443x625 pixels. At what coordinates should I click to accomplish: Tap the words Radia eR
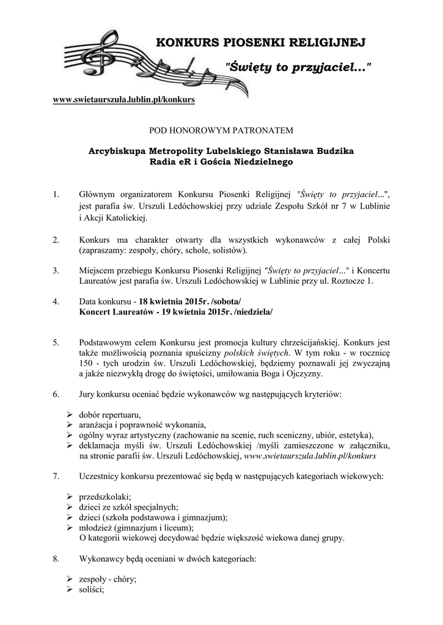click(170, 162)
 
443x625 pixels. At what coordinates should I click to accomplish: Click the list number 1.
click(56, 195)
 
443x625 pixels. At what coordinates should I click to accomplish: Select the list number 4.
click(56, 302)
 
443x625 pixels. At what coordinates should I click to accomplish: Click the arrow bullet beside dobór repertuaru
click(70, 415)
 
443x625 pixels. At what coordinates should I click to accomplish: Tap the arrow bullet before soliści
click(70, 590)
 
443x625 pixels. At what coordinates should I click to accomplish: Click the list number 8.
click(56, 558)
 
